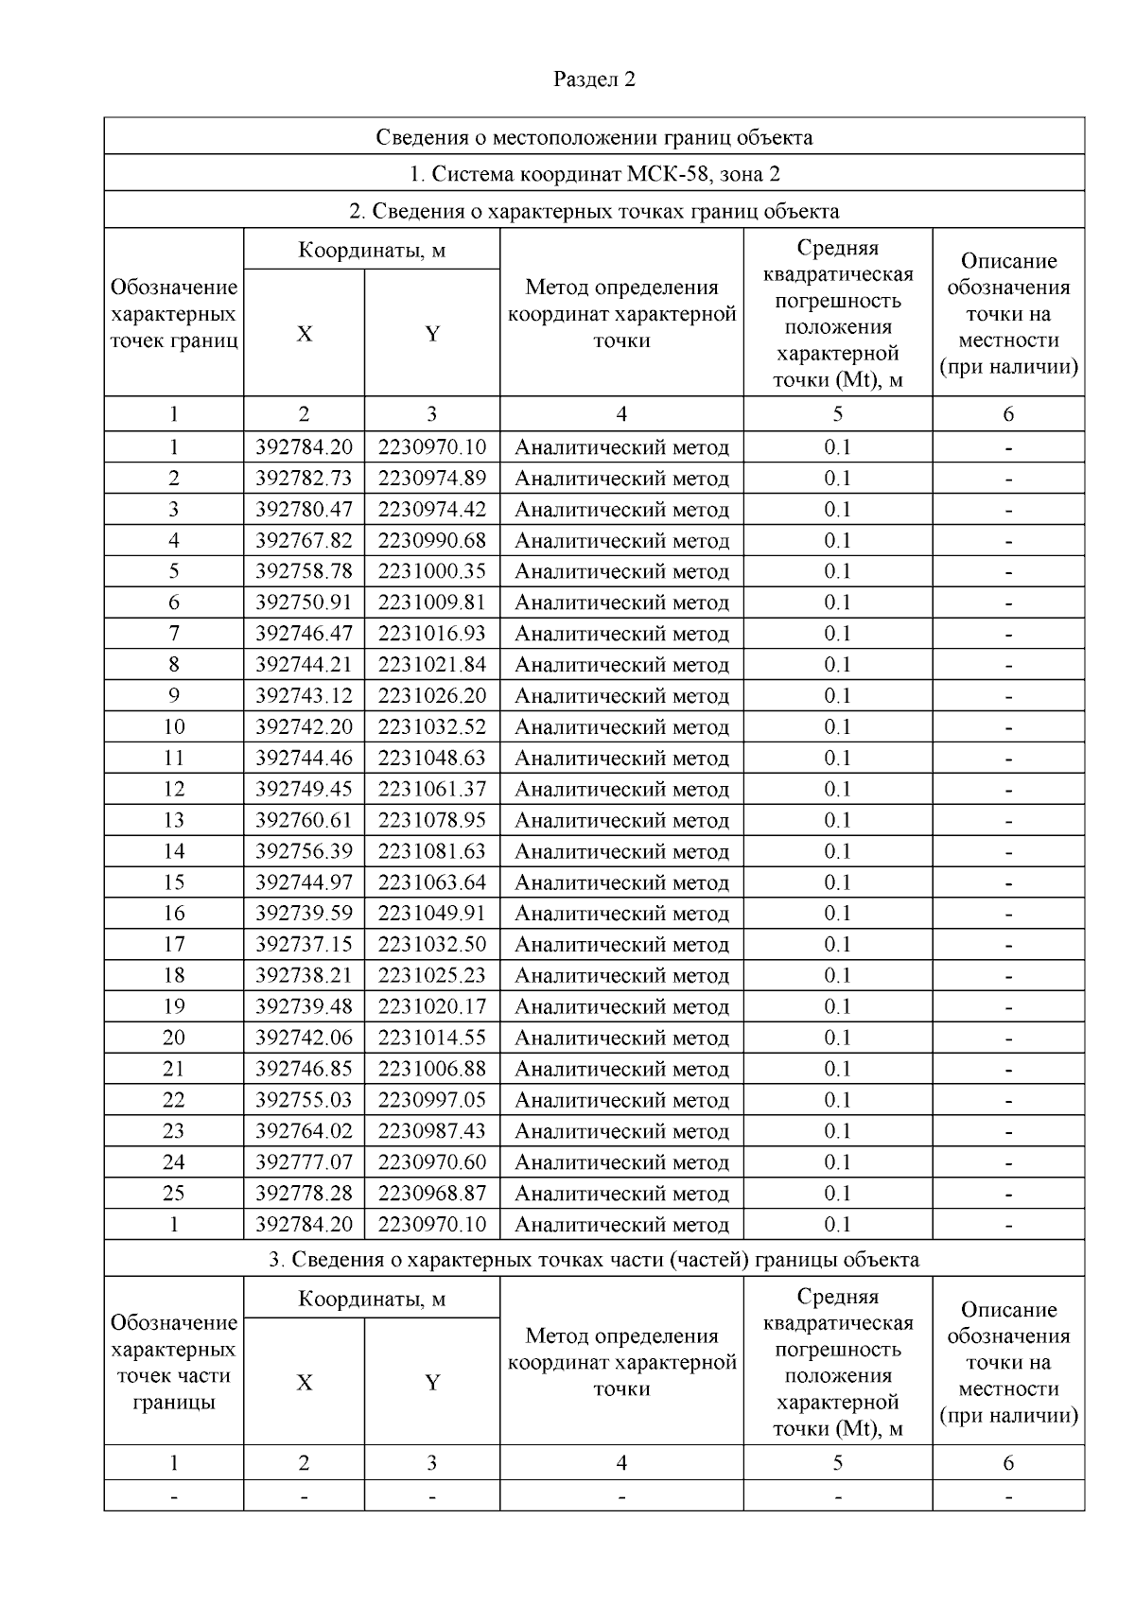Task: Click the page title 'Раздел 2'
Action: (594, 79)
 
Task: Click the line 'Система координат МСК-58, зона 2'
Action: (594, 174)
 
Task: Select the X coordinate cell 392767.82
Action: (304, 541)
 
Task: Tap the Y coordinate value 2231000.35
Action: (432, 571)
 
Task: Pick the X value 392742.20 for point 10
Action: (304, 727)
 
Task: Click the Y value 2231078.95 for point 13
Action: (432, 820)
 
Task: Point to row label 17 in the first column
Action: (174, 945)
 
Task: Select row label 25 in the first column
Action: (174, 1194)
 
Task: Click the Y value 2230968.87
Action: (432, 1194)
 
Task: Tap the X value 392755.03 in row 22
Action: (304, 1100)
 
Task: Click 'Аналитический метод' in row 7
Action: (621, 634)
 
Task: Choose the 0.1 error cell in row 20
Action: (837, 1038)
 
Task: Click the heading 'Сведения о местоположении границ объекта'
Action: (594, 137)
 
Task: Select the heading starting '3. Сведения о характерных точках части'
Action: (594, 1260)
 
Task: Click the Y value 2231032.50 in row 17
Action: (432, 945)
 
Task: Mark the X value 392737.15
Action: (304, 945)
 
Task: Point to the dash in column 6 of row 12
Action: (1008, 790)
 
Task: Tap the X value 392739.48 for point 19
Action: (304, 1006)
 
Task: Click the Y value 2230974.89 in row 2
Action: (432, 479)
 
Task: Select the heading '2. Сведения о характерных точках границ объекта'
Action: (594, 211)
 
